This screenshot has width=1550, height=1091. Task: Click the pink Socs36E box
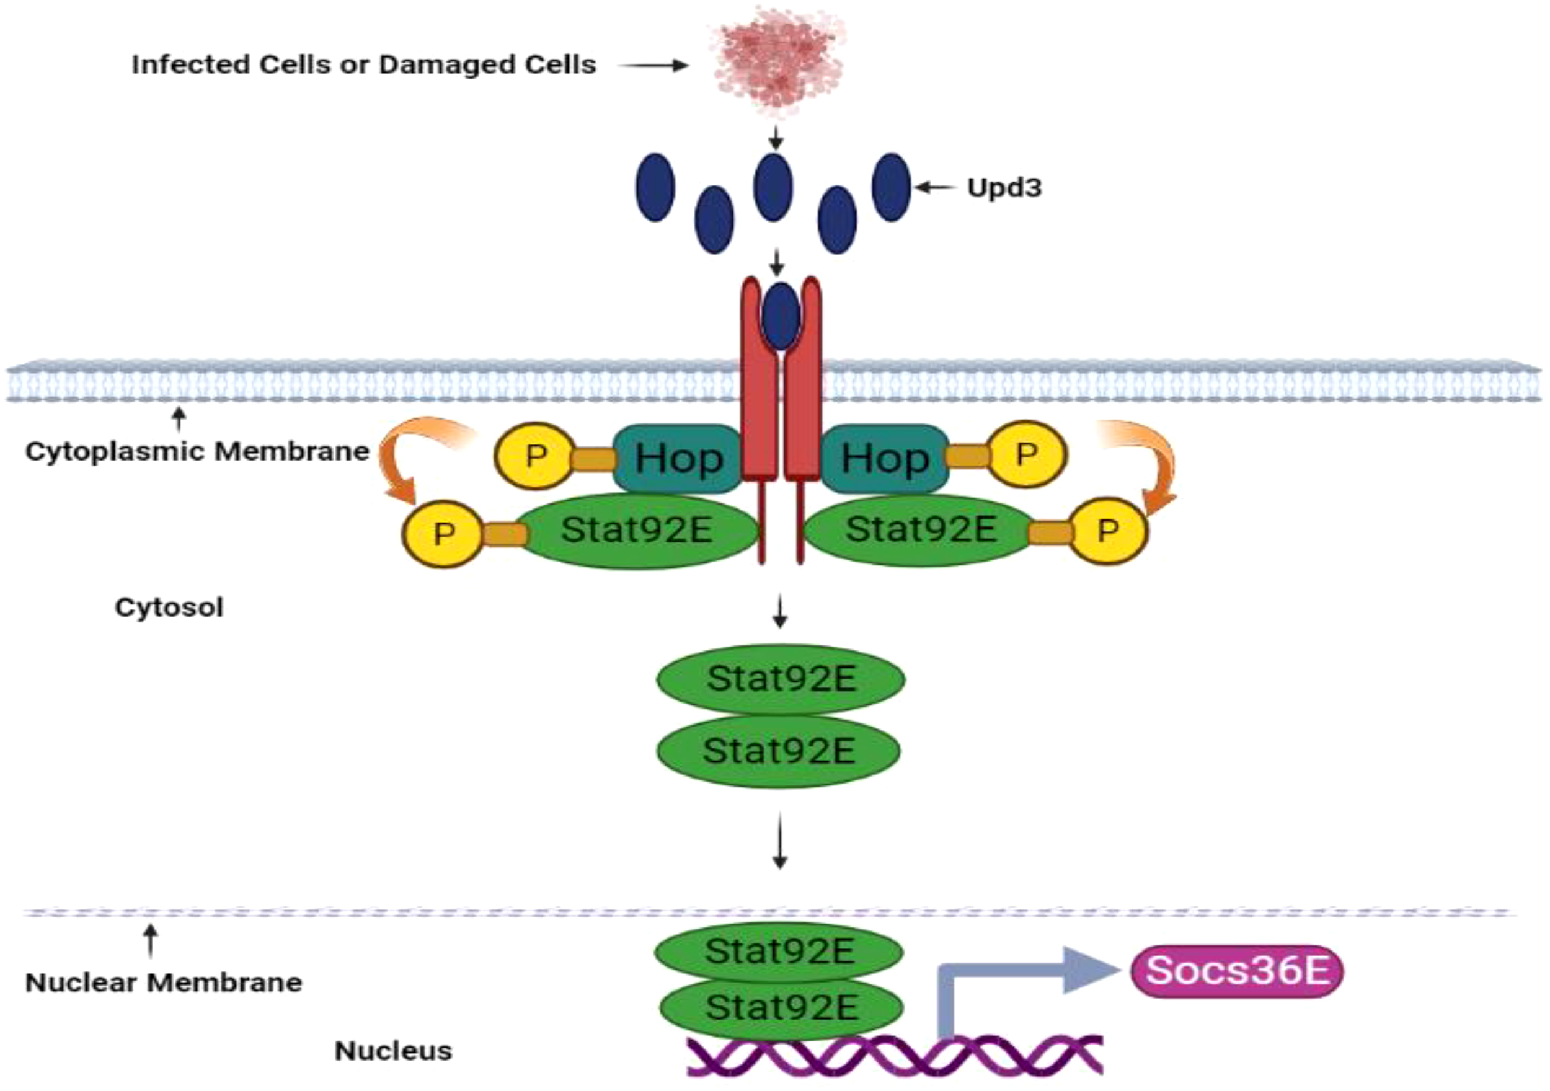[1237, 971]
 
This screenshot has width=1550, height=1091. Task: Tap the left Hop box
[678, 459]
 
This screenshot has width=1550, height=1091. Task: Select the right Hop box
[884, 459]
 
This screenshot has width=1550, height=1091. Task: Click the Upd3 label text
[1004, 188]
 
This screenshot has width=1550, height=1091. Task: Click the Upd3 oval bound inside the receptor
[781, 316]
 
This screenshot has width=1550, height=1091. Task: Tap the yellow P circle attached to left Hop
[534, 456]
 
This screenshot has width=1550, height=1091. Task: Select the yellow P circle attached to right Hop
[1026, 454]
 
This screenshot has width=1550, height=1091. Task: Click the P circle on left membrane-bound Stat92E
[443, 534]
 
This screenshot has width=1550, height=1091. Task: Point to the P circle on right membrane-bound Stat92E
[1108, 531]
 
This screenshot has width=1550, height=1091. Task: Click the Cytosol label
[169, 607]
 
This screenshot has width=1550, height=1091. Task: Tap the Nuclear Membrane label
[164, 983]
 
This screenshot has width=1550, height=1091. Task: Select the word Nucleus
[393, 1051]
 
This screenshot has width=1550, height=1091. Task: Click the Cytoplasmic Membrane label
[197, 451]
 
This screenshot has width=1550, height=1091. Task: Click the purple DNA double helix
[895, 1055]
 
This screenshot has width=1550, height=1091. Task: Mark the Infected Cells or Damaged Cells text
[363, 65]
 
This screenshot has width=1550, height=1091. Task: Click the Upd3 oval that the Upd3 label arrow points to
[891, 187]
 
